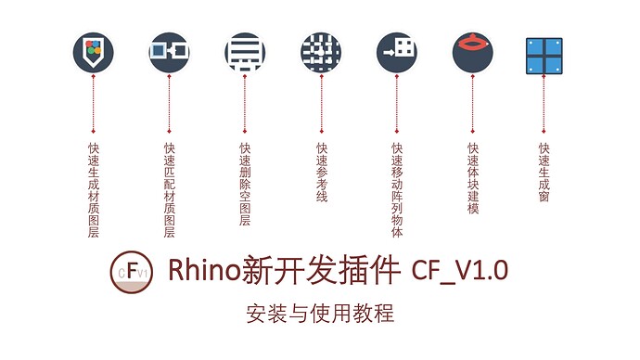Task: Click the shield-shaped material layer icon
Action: click(x=93, y=53)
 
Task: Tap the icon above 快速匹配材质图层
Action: click(x=169, y=53)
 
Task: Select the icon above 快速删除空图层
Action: click(x=245, y=53)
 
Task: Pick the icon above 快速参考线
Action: click(x=321, y=53)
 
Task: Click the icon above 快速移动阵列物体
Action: click(x=397, y=53)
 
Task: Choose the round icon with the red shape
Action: click(x=473, y=53)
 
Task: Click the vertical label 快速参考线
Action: click(x=321, y=172)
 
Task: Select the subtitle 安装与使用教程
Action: click(x=320, y=314)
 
